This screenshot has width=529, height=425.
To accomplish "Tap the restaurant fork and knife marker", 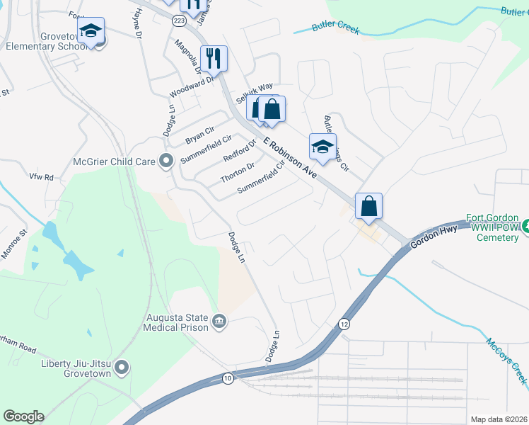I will pos(213,59).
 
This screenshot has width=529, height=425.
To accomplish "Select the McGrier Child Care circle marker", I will pos(166,161).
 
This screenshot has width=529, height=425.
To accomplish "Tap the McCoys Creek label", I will pos(506,361).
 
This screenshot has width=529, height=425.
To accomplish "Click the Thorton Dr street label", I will pos(237,173).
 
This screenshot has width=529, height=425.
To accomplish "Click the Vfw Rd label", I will pos(41,176).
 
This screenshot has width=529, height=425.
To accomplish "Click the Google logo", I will pos(23,416).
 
